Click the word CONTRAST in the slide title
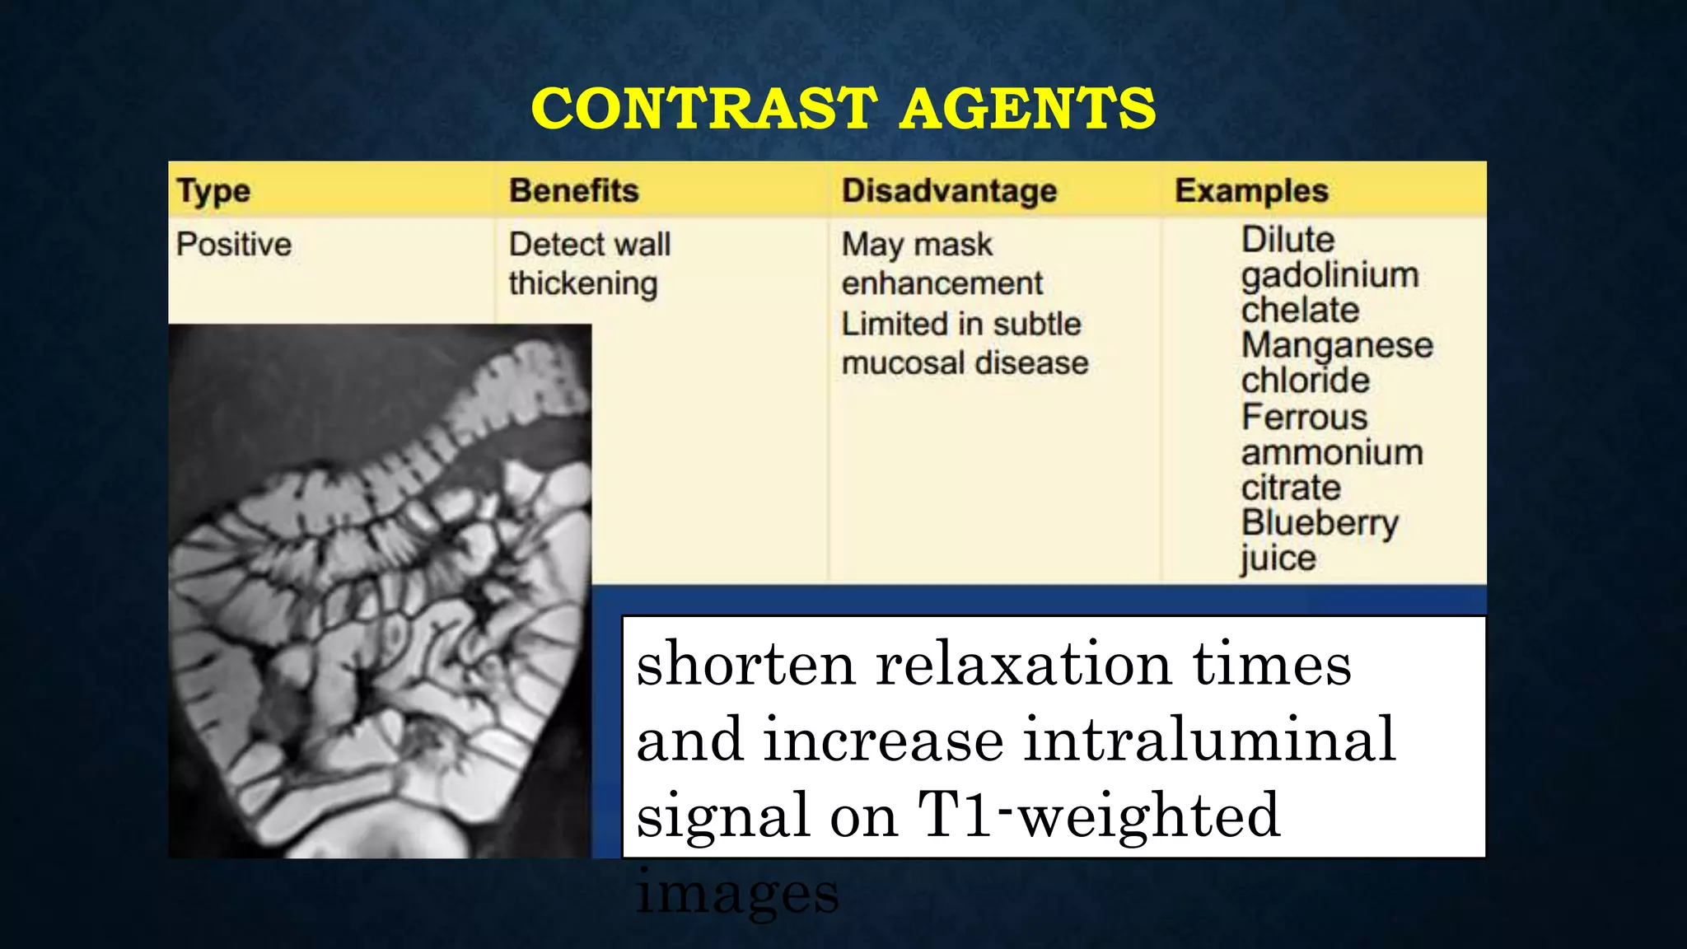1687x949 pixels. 704,109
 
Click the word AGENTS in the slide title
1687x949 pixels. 1027,109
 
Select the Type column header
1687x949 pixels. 213,191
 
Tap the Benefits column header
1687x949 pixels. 574,190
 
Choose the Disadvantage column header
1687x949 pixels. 949,190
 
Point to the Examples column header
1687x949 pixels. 1251,190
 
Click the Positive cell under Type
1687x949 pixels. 234,245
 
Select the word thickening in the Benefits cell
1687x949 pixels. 583,283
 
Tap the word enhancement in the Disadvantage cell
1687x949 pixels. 942,283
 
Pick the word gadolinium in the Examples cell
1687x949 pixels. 1330,275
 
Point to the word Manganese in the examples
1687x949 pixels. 1337,345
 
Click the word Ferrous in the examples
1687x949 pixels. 1305,417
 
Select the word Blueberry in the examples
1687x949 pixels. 1320,523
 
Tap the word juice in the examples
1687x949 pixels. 1278,559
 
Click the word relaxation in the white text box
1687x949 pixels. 1023,664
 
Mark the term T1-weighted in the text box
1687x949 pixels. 1099,815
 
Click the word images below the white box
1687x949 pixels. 737,893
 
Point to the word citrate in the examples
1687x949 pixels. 1291,488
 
